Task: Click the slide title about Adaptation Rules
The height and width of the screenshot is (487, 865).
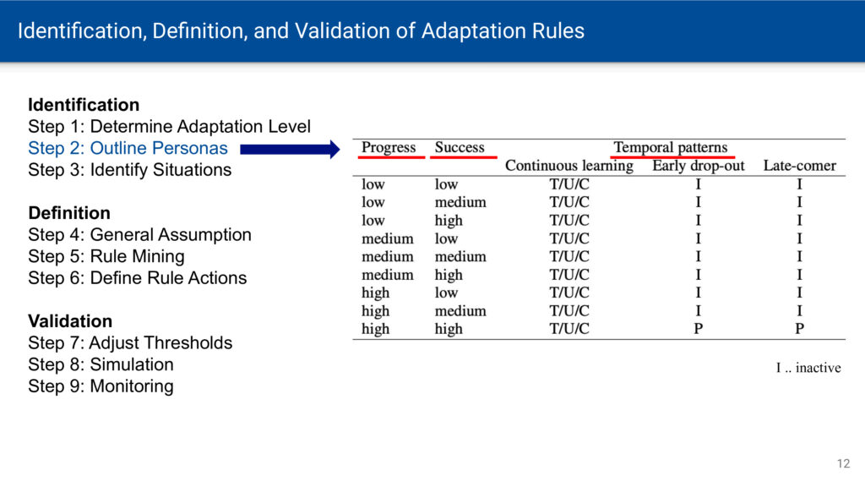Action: (x=301, y=31)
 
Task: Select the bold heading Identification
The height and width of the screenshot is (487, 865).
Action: (x=84, y=105)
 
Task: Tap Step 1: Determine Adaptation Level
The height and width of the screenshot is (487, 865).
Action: (x=169, y=127)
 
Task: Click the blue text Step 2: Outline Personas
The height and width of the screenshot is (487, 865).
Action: (x=128, y=148)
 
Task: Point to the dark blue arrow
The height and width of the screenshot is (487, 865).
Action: (x=291, y=149)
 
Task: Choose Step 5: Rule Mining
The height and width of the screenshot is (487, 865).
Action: (x=106, y=256)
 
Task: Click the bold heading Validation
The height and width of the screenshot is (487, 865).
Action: (x=70, y=321)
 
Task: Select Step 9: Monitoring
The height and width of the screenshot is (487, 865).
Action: (x=101, y=386)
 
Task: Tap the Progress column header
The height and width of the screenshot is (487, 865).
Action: (x=389, y=147)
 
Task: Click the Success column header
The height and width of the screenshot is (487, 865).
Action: (x=460, y=147)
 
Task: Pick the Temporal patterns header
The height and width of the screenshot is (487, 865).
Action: (x=671, y=147)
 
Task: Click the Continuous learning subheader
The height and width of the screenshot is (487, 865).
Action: (x=569, y=166)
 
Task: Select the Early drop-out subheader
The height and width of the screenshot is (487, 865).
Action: (x=699, y=166)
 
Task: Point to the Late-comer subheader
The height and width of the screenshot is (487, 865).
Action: (x=799, y=166)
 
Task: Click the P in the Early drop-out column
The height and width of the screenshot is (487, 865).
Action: (x=699, y=329)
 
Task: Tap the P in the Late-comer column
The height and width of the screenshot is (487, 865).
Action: (x=799, y=329)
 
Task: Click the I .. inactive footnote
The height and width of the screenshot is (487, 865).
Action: (x=808, y=368)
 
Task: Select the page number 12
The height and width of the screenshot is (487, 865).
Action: (x=844, y=464)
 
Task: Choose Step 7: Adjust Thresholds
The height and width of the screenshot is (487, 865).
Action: (x=130, y=343)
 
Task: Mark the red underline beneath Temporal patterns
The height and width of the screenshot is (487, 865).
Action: (x=672, y=157)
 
